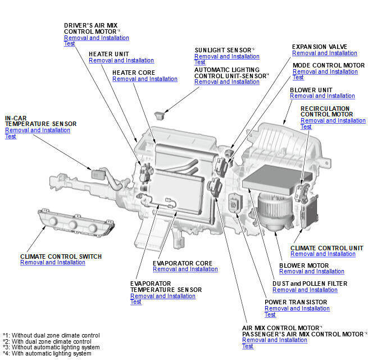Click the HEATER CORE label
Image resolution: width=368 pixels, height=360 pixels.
pyautogui.click(x=133, y=73)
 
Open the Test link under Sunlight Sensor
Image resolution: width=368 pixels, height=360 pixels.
pyautogui.click(x=200, y=62)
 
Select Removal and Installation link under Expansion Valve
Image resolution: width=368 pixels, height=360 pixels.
pyautogui.click(x=324, y=53)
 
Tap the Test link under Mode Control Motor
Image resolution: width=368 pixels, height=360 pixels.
pyautogui.click(x=298, y=78)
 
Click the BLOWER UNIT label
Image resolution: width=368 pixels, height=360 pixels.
pyautogui.click(x=311, y=90)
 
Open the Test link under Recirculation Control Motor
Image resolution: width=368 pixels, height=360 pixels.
pyautogui.click(x=306, y=127)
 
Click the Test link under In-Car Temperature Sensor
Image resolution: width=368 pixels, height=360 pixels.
pyautogui.click(x=11, y=136)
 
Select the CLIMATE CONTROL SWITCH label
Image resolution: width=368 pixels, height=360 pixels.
pyautogui.click(x=61, y=256)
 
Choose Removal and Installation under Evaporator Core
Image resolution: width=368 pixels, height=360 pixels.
pyautogui.click(x=185, y=269)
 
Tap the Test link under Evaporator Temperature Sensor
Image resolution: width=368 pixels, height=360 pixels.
pyautogui.click(x=136, y=302)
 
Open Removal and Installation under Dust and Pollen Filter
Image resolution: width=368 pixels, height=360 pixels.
pyautogui.click(x=305, y=290)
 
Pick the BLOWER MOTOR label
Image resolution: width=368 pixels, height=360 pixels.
pyautogui.click(x=303, y=265)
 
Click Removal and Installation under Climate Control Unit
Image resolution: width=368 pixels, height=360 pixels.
pyautogui.click(x=322, y=254)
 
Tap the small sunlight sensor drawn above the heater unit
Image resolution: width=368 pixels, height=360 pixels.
pyautogui.click(x=161, y=115)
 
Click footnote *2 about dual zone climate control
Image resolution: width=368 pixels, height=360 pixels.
pyautogui.click(x=47, y=341)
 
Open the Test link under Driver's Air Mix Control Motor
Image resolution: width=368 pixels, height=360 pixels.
pyautogui.click(x=69, y=44)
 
